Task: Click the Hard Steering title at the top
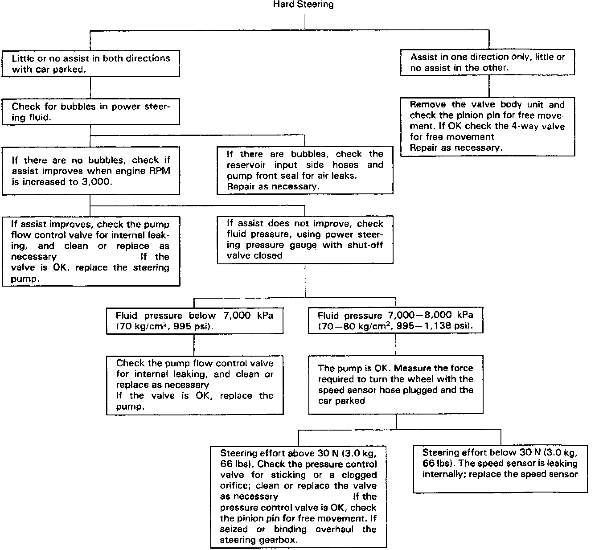pos(303,5)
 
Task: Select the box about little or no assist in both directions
pos(91,64)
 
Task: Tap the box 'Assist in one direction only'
pos(488,63)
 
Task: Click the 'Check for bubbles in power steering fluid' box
pos(91,112)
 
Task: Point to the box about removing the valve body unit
pos(488,127)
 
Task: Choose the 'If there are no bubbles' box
pos(91,171)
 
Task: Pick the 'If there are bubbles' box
pos(305,170)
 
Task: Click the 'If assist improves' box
pos(91,251)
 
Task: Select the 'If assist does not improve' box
pos(305,240)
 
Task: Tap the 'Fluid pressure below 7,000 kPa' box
pos(194,321)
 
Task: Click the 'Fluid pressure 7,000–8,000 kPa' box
pos(395,321)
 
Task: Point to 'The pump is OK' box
pos(396,384)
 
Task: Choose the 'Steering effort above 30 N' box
pos(298,497)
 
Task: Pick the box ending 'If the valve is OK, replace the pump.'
pos(194,385)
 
